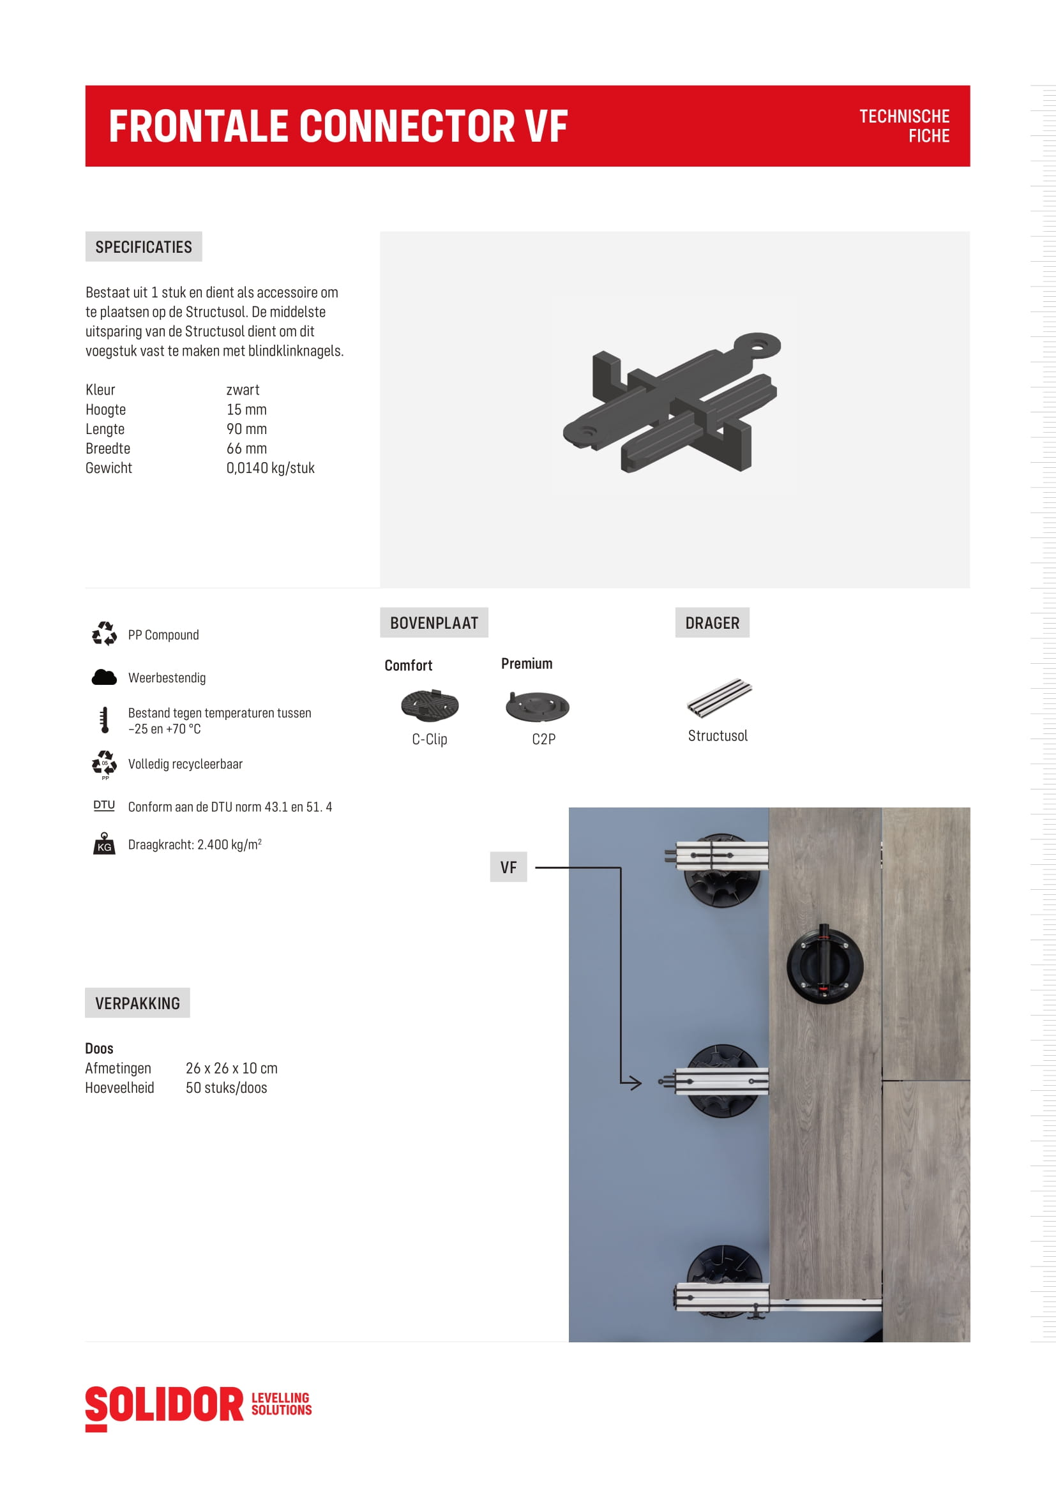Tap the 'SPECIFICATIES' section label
point(143,247)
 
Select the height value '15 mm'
point(246,410)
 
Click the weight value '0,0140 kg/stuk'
point(271,468)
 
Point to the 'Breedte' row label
point(108,449)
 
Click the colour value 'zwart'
point(243,390)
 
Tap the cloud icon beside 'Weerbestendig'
point(104,678)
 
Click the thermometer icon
point(105,720)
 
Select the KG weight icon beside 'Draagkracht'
point(104,843)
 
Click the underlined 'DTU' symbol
point(104,806)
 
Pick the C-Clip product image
point(430,705)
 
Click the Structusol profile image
point(719,697)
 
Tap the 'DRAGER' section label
point(712,623)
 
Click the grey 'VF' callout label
point(508,867)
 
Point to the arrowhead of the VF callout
point(637,1083)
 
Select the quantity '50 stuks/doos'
point(226,1088)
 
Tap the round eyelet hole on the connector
point(758,345)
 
